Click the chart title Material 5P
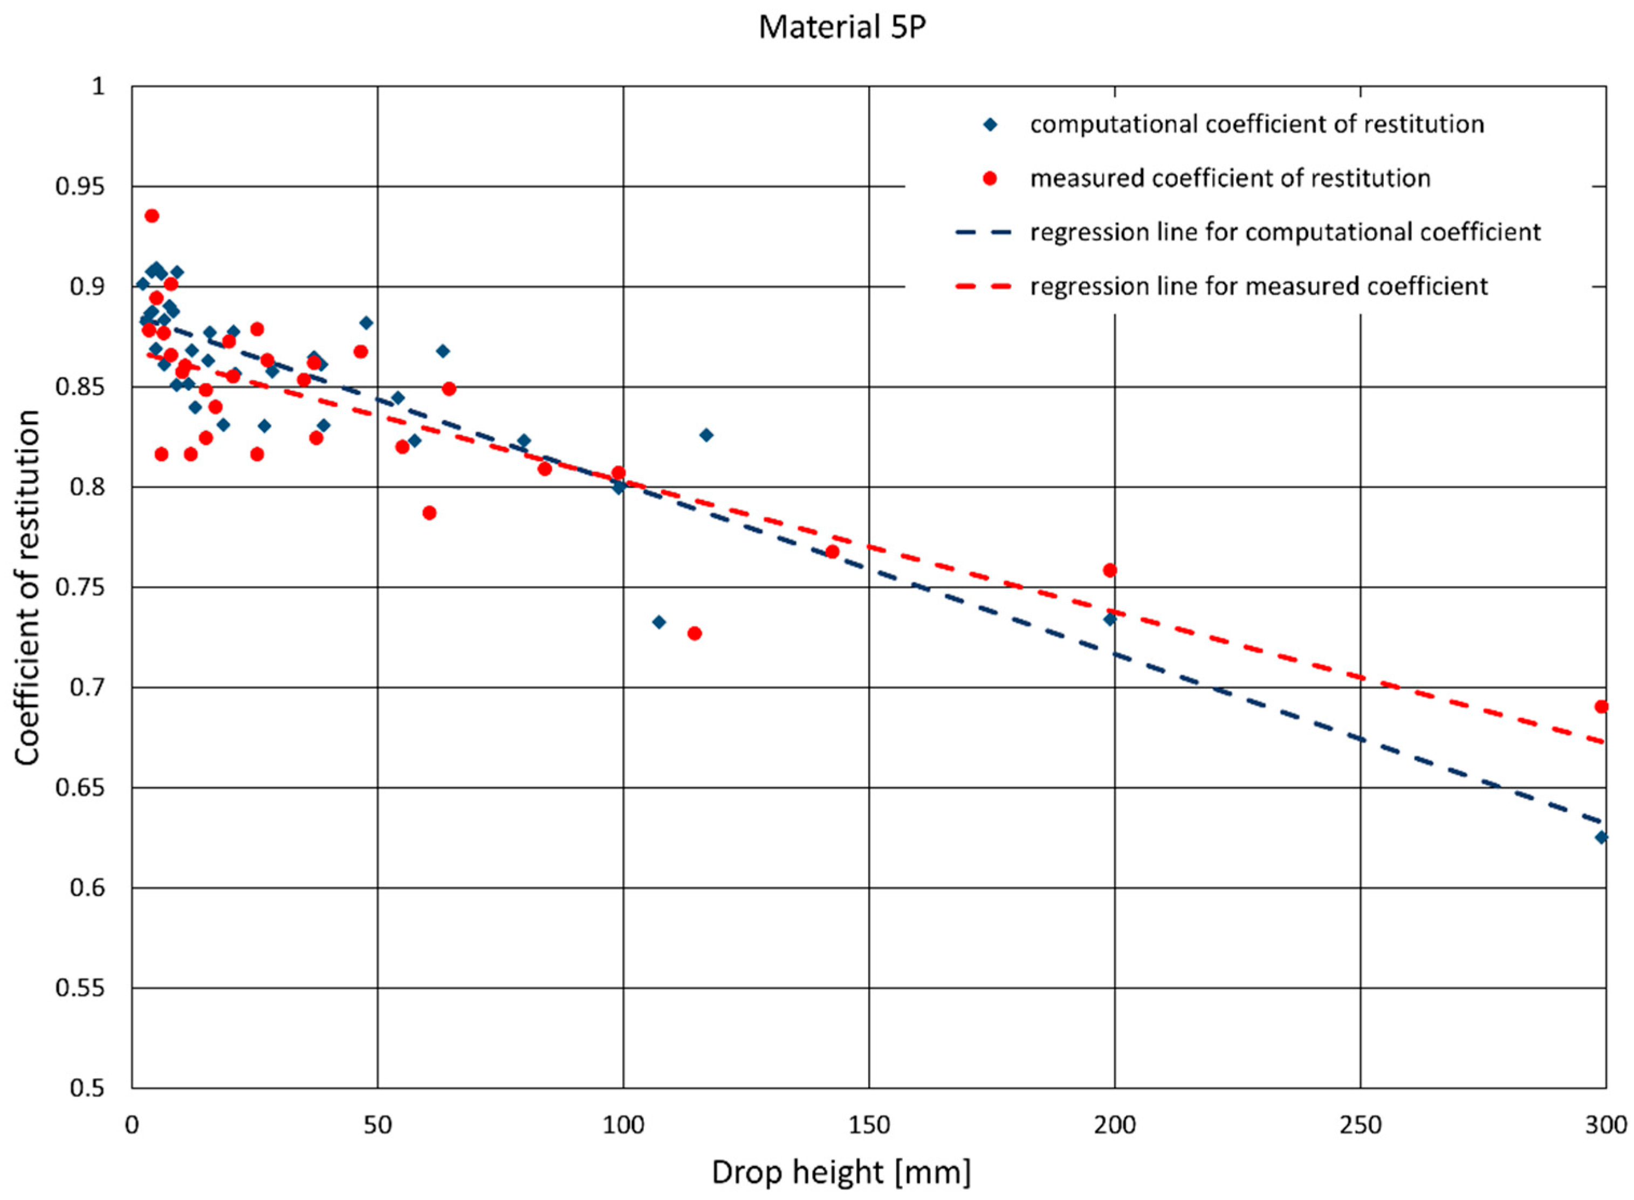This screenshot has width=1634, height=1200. pos(842,27)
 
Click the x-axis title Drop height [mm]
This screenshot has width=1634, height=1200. pos(841,1171)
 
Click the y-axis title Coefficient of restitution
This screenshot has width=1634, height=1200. pos(28,587)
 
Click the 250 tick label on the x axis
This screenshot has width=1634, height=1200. pos(1360,1125)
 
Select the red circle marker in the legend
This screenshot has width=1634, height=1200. pos(990,178)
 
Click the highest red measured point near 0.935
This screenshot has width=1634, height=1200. pos(152,216)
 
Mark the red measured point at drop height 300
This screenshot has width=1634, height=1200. pos(1601,707)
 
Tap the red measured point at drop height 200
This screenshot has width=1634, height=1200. pos(1109,570)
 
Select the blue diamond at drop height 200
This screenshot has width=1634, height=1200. pos(1109,619)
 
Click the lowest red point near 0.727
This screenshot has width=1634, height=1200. pos(695,633)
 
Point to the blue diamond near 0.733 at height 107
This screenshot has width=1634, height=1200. pos(659,622)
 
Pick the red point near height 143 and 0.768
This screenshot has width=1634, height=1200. pos(833,552)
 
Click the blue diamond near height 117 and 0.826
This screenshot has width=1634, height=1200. pos(706,435)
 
